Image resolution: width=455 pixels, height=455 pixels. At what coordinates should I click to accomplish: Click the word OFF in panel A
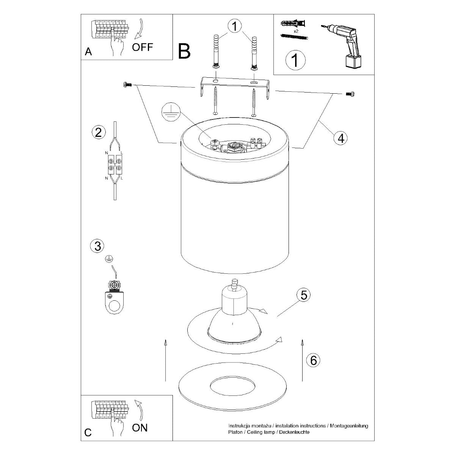143,47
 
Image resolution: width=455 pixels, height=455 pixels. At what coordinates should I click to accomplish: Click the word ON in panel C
140,428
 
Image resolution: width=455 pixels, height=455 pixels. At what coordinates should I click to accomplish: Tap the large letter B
184,52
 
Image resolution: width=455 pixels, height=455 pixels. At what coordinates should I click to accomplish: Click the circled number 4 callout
340,138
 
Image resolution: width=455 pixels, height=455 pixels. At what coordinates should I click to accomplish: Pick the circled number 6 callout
313,360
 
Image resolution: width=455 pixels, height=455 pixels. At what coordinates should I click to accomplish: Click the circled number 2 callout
98,132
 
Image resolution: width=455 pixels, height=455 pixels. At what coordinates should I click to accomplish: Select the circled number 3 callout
98,246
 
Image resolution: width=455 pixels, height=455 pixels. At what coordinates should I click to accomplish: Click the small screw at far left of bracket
127,85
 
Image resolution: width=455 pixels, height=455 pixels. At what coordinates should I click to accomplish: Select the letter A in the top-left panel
88,52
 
